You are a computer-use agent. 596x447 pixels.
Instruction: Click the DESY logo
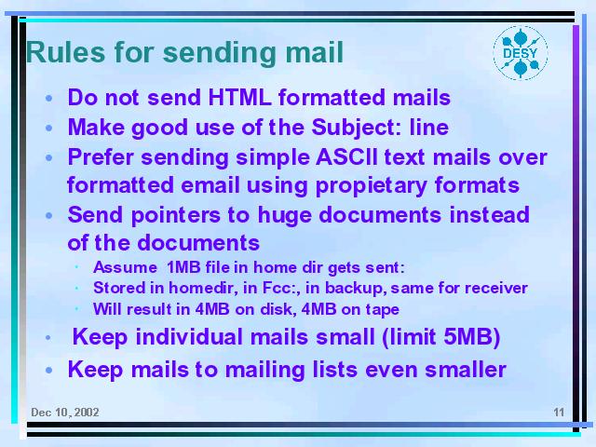click(x=521, y=53)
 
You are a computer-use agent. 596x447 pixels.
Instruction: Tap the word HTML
click(x=239, y=97)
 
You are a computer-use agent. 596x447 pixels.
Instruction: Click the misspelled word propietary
click(x=371, y=186)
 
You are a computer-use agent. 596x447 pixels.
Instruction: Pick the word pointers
click(x=176, y=215)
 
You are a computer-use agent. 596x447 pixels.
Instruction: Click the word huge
click(x=285, y=215)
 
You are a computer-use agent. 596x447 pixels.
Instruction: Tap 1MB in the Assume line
click(x=183, y=267)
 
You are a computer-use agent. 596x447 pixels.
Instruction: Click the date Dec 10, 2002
click(x=65, y=413)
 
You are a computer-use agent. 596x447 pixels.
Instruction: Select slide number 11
click(x=559, y=413)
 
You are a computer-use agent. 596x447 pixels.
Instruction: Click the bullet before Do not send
click(x=48, y=99)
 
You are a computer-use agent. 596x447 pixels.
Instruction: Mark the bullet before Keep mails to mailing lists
click(x=48, y=371)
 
